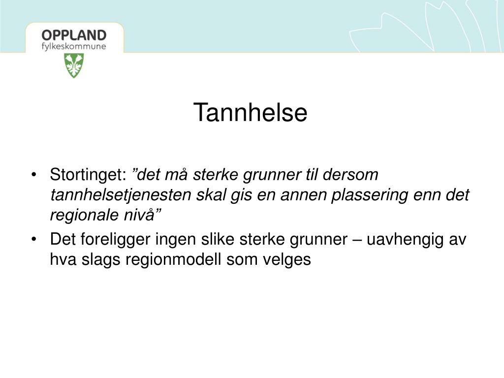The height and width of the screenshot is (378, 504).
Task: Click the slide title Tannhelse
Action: pyautogui.click(x=251, y=112)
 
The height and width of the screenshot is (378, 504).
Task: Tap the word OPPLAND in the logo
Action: pyautogui.click(x=74, y=35)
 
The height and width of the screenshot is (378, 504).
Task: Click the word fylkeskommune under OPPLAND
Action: pyautogui.click(x=74, y=47)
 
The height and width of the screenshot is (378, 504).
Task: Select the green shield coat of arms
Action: pyautogui.click(x=74, y=65)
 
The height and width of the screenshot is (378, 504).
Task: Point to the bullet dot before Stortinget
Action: pyautogui.click(x=34, y=175)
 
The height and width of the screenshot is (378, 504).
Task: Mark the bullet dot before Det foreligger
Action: pyautogui.click(x=34, y=240)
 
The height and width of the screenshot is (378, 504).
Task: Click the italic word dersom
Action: pyautogui.click(x=350, y=175)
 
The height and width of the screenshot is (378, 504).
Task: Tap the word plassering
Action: pyautogui.click(x=370, y=195)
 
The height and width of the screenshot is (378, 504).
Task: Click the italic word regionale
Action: pyautogui.click(x=85, y=215)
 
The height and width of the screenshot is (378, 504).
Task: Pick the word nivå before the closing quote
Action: pyautogui.click(x=139, y=214)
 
